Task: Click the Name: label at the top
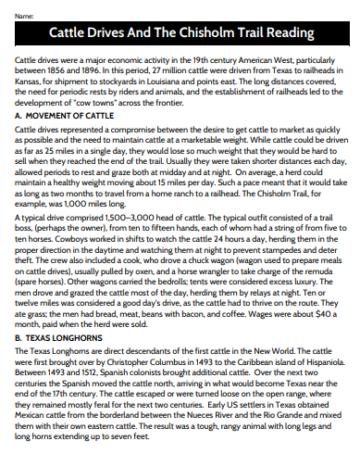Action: pyautogui.click(x=25, y=18)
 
